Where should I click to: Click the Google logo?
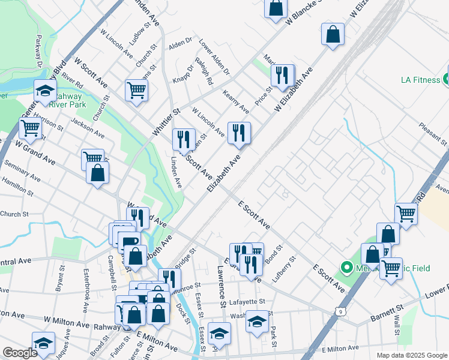[x=20, y=353]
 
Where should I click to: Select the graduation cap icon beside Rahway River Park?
[x=45, y=91]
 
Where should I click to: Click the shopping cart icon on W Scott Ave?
[x=136, y=91]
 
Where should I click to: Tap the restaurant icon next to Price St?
[x=282, y=76]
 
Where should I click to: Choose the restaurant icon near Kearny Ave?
[x=239, y=133]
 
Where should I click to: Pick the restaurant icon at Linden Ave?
[x=184, y=140]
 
